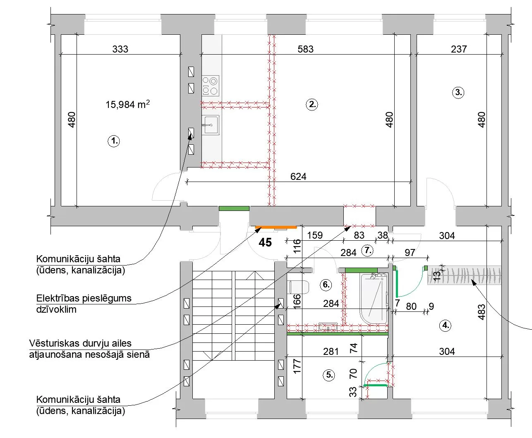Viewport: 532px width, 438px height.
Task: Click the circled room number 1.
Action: coord(114,141)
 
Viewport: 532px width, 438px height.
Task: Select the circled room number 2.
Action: coord(312,105)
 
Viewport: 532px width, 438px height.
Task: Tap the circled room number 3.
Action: coord(458,93)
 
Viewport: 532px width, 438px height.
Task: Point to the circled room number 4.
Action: coord(446,326)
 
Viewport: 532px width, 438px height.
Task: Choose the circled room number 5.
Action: coord(329,375)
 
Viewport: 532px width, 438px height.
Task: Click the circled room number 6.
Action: coord(326,285)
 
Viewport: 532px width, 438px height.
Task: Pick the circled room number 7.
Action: coord(367,250)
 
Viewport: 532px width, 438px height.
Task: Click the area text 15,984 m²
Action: coord(128,104)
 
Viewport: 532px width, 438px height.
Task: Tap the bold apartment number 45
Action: coord(265,242)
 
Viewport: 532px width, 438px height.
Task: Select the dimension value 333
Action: coord(120,49)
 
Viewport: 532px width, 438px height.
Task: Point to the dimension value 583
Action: coord(305,49)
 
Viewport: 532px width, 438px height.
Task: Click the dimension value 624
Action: coord(298,176)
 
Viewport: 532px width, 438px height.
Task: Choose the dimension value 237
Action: coord(459,49)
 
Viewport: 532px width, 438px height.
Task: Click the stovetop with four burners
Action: coord(211,86)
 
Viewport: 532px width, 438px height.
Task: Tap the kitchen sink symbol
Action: coord(211,125)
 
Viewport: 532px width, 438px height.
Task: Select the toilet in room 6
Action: coord(298,287)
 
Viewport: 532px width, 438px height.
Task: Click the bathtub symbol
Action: coord(374,299)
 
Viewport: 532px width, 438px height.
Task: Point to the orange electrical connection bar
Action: coord(276,227)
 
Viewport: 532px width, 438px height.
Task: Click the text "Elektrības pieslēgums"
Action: coord(84,298)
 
